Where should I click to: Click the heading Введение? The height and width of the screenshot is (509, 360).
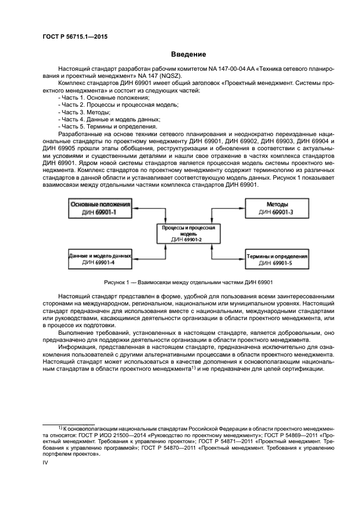[x=188, y=54]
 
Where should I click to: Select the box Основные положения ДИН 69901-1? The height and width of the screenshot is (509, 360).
[x=101, y=207]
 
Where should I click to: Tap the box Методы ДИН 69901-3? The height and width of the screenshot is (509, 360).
[x=276, y=207]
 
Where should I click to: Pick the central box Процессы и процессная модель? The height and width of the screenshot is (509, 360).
[x=188, y=234]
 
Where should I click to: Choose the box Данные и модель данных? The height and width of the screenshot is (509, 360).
[x=101, y=259]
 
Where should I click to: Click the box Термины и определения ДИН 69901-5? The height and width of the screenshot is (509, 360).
[x=276, y=259]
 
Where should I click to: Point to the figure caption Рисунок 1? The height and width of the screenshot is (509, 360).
[x=188, y=282]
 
